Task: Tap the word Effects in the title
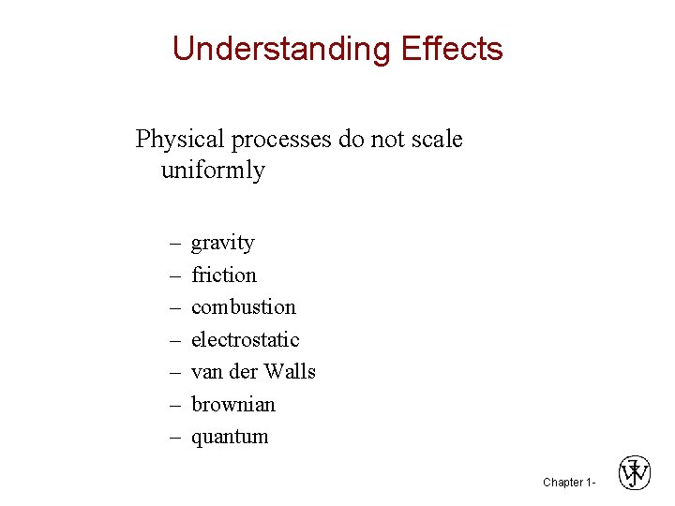pos(452,49)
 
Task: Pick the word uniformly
pos(213,171)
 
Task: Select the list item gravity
pos(223,244)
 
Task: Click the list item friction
pos(224,275)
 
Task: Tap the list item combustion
pos(244,307)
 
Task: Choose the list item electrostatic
pos(246,339)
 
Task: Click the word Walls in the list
pos(289,372)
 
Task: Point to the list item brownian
pos(233,405)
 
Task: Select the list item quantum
pos(230,437)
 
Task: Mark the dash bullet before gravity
pos(174,244)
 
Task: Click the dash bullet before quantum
pos(174,438)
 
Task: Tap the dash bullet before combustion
pos(174,308)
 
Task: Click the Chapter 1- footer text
pos(568,483)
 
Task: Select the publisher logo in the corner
pos(635,473)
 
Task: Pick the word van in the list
pos(206,372)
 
